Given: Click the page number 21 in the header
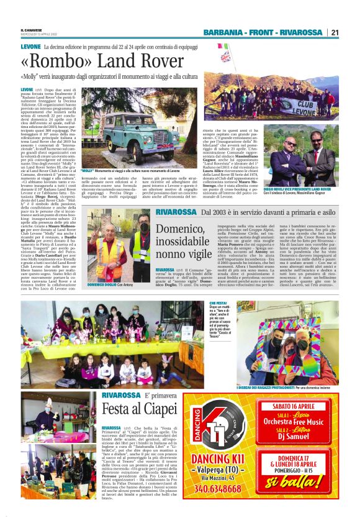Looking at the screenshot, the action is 335,32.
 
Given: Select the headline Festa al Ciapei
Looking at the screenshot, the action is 142,410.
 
